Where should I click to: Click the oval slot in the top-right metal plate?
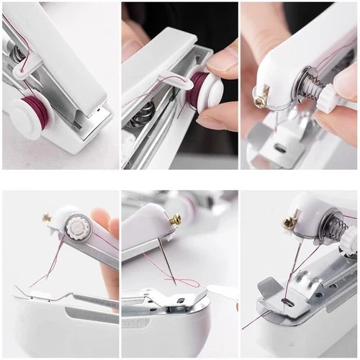pyautogui.click(x=280, y=148)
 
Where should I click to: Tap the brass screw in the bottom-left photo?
pyautogui.click(x=47, y=216)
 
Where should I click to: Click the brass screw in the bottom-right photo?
pyautogui.click(x=289, y=222)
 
